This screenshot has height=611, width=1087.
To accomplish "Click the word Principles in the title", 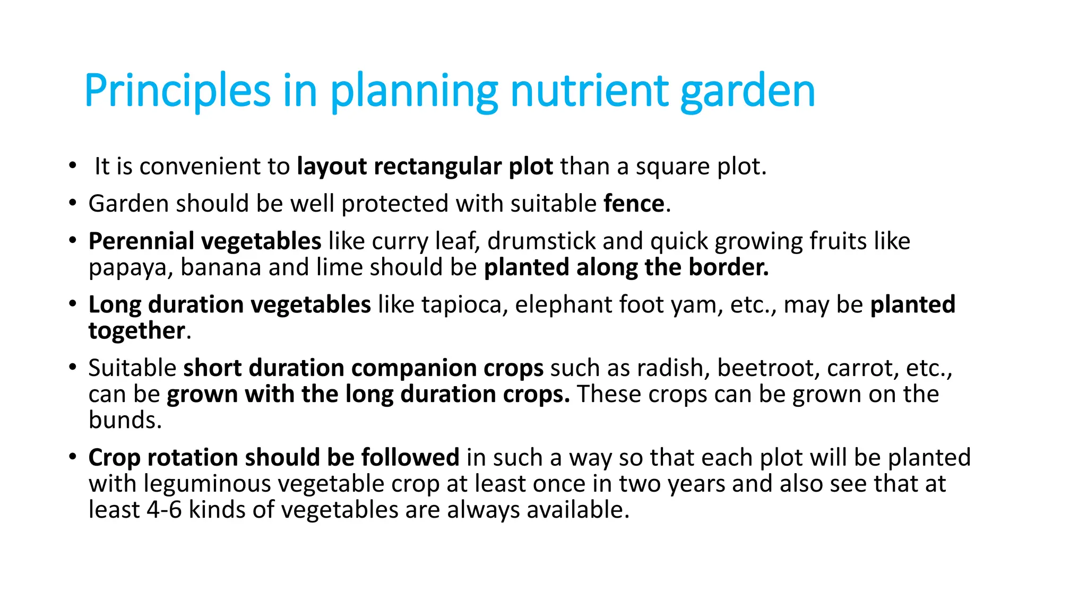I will pyautogui.click(x=177, y=91).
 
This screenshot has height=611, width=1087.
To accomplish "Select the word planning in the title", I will pyautogui.click(x=414, y=91).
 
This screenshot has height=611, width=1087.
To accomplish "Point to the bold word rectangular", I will pyautogui.click(x=437, y=167).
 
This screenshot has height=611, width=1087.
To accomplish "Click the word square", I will pyautogui.click(x=672, y=167).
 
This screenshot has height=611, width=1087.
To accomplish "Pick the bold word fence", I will pyautogui.click(x=634, y=204).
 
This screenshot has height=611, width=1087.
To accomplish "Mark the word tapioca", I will pyautogui.click(x=462, y=305).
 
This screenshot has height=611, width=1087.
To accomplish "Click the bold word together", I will pyautogui.click(x=136, y=331).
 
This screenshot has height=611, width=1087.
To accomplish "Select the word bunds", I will pyautogui.click(x=125, y=420).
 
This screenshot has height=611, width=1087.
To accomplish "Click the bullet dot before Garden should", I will pyautogui.click(x=73, y=204).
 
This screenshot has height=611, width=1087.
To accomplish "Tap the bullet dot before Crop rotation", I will pyautogui.click(x=73, y=457).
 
